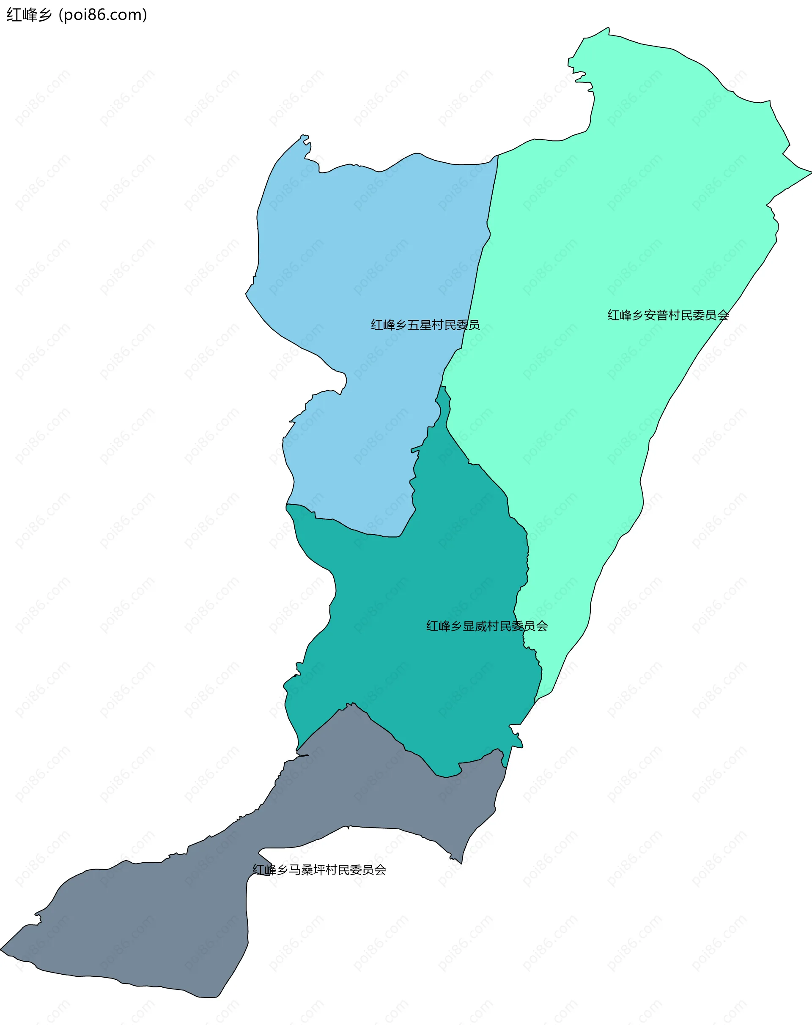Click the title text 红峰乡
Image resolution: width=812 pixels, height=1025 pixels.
[x=28, y=15]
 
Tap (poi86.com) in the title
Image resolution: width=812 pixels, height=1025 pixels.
[x=103, y=15]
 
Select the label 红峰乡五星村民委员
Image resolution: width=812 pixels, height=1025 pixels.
[x=425, y=325]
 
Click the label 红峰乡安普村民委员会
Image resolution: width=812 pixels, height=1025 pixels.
[x=667, y=315]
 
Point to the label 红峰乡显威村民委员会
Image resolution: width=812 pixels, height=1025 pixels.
[x=486, y=626]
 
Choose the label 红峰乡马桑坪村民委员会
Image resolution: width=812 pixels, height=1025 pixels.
[x=319, y=869]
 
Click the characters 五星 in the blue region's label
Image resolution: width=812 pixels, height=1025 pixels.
[x=419, y=325]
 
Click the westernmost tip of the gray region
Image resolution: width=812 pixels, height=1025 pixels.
[x=1, y=949]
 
